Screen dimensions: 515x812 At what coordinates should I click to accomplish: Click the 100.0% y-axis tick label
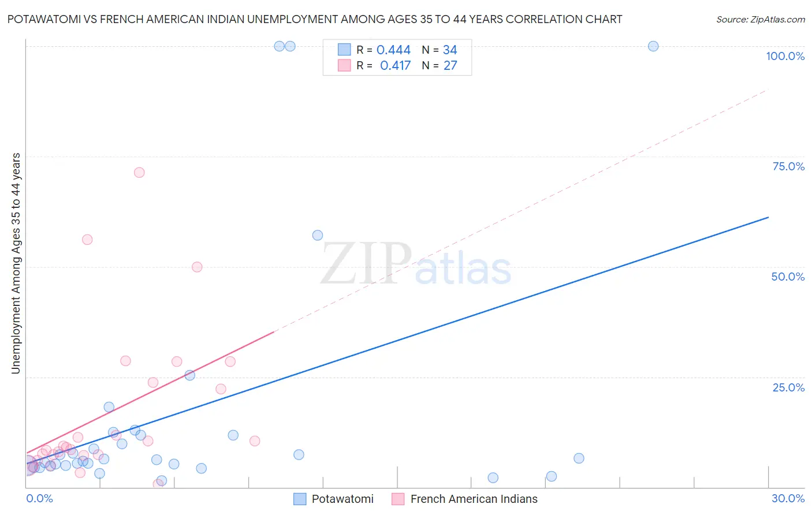[785, 56]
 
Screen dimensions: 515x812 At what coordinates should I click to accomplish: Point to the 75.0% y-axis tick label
[788, 166]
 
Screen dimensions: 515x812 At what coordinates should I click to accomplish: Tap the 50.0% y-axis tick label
[788, 277]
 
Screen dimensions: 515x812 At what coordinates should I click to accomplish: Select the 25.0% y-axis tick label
[788, 387]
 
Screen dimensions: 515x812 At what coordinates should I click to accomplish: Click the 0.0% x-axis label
[39, 498]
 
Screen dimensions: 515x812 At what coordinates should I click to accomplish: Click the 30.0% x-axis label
[788, 498]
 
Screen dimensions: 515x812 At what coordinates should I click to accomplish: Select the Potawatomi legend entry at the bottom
[342, 499]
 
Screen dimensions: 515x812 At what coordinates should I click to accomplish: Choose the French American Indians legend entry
[473, 499]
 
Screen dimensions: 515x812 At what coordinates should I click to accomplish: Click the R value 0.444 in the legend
[393, 50]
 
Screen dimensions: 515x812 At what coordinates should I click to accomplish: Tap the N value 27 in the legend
[450, 66]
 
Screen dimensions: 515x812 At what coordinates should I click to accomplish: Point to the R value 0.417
[395, 66]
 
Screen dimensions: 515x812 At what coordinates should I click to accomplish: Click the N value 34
[450, 50]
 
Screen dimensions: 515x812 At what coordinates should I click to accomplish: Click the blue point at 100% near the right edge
[653, 46]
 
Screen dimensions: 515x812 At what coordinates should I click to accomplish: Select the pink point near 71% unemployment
[139, 172]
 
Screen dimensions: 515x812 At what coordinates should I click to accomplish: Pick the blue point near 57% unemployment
[318, 235]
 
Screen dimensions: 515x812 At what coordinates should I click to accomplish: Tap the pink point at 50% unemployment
[197, 267]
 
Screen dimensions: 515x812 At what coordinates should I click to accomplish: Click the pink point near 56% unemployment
[87, 240]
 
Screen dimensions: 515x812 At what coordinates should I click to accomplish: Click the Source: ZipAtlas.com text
[760, 20]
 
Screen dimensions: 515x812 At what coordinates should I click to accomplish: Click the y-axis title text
[16, 263]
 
